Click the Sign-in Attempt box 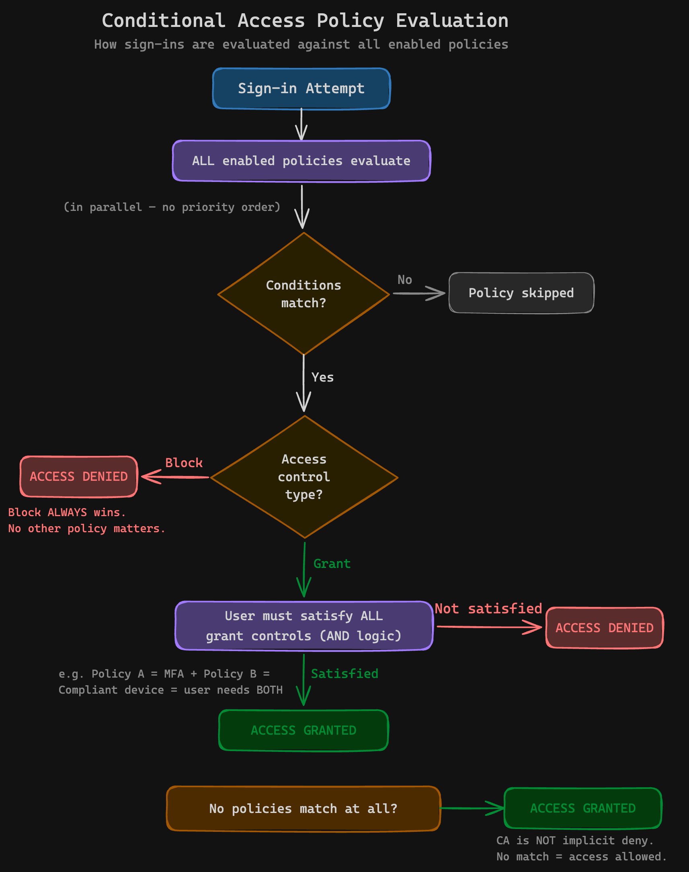coord(301,89)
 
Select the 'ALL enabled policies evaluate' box coord(301,161)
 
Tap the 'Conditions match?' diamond coord(303,294)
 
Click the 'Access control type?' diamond coord(304,477)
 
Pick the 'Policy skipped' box coord(521,293)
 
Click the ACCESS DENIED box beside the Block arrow coord(79,477)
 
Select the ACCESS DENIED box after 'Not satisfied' coord(604,628)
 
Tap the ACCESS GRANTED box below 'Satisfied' coord(303,731)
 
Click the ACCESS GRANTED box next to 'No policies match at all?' coord(582,808)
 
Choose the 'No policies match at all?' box coord(303,809)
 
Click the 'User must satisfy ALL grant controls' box coord(303,626)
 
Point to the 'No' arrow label coord(405,280)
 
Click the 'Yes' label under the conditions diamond coord(322,378)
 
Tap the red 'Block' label coord(184,463)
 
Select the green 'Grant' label coord(332,564)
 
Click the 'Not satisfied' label coord(488,609)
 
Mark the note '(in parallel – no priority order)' coord(172,207)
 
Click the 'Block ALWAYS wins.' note coord(67,513)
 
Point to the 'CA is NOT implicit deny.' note coord(574,841)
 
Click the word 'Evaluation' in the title coord(452,21)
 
